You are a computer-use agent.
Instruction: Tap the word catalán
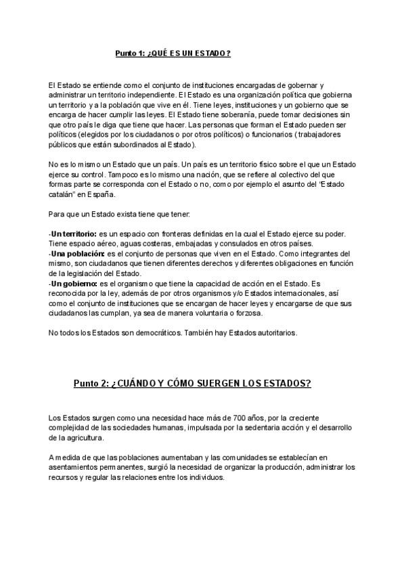coord(64,194)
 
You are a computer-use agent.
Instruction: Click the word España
coord(100,194)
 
